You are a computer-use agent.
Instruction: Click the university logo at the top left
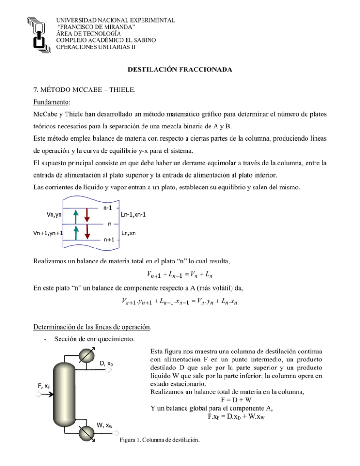[38, 33]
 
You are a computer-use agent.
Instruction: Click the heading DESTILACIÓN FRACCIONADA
[180, 71]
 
